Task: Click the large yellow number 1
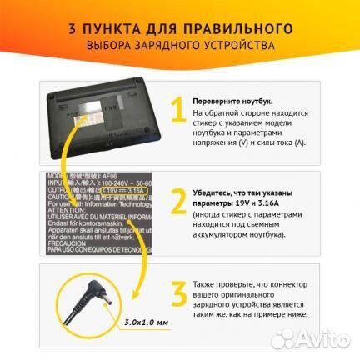[177, 112]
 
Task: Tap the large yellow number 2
[177, 202]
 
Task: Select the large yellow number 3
[177, 297]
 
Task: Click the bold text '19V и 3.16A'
[249, 202]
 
